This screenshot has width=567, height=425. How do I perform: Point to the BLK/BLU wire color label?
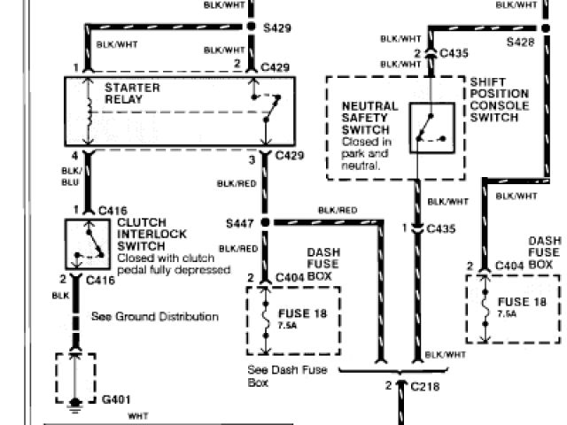click(x=71, y=175)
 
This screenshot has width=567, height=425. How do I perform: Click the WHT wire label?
click(x=138, y=416)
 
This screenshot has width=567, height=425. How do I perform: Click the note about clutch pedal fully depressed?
click(x=173, y=264)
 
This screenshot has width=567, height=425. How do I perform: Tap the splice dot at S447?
click(x=264, y=221)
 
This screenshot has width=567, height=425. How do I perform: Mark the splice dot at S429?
click(x=264, y=28)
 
